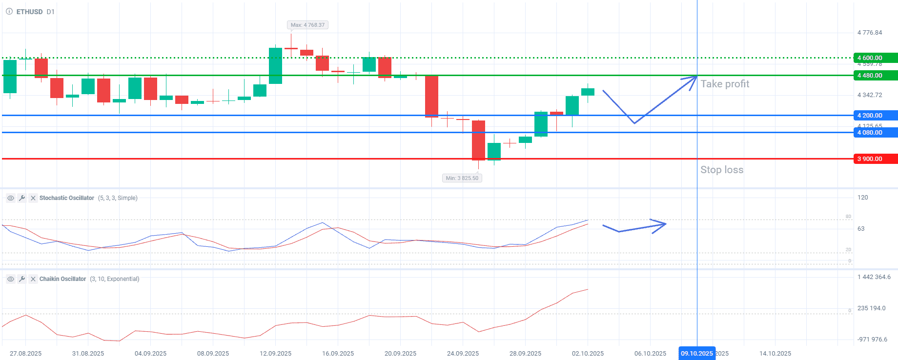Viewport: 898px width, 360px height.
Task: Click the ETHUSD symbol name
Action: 29,12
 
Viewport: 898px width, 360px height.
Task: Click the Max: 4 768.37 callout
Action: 307,25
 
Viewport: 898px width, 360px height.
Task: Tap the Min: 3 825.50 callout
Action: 462,178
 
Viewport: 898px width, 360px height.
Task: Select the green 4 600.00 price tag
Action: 875,58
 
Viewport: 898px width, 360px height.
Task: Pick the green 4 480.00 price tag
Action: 875,76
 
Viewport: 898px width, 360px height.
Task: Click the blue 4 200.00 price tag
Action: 875,116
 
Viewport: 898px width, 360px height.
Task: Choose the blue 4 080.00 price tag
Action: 875,133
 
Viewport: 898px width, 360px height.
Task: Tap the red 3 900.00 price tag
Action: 875,159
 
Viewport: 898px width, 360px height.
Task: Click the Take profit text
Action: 725,84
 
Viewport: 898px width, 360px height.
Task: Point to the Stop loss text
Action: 722,170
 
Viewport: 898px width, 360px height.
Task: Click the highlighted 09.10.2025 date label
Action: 696,354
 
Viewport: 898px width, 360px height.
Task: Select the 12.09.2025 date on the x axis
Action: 275,354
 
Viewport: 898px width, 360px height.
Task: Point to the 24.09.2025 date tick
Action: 463,354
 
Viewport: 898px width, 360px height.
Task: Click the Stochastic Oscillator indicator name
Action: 66,198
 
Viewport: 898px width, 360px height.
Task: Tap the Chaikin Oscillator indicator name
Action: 62,279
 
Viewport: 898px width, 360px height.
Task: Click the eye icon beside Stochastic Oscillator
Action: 10,198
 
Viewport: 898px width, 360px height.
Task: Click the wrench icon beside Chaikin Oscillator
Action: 21,279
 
